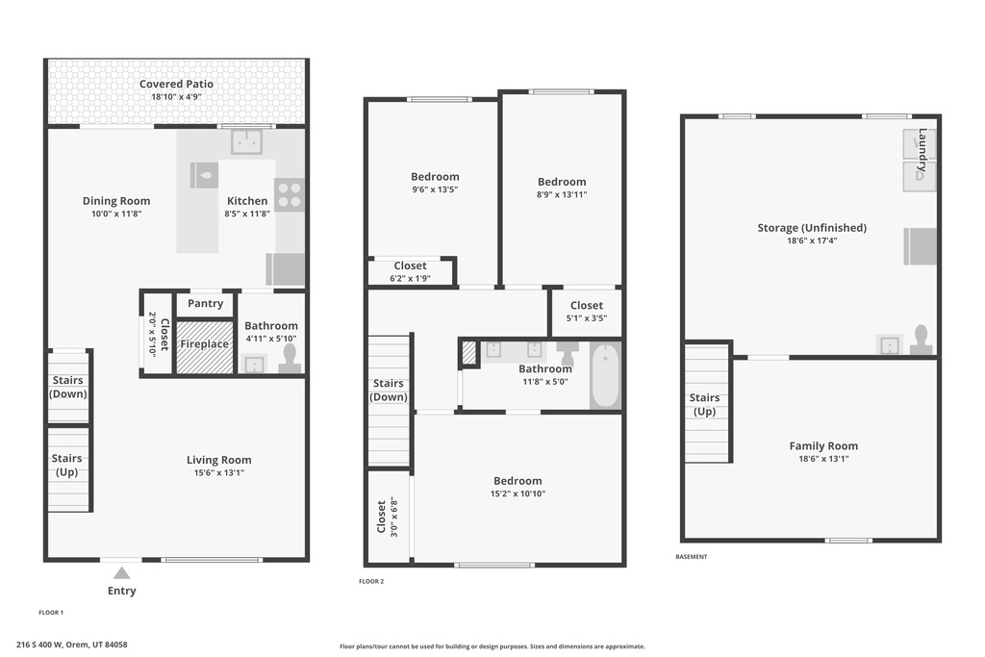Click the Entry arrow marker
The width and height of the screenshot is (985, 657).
click(121, 572)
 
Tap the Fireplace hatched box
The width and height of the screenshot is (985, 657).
click(205, 345)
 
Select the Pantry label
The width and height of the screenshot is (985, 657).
click(205, 304)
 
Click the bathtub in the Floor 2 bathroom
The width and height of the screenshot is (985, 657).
click(605, 375)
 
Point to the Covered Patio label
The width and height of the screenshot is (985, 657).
click(176, 85)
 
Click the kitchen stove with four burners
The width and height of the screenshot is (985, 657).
click(289, 195)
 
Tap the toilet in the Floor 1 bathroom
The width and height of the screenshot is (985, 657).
click(290, 360)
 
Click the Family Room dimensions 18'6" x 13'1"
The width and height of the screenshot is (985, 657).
click(823, 459)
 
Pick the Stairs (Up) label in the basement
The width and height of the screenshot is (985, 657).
click(704, 404)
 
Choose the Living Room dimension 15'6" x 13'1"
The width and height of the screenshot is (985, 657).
click(218, 472)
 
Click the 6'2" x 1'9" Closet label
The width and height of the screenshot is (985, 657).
click(411, 279)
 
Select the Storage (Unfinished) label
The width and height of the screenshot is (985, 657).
click(811, 228)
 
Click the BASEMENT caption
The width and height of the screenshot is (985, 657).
click(691, 556)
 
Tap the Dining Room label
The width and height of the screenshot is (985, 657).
click(115, 201)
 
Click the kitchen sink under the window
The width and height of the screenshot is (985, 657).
click(247, 142)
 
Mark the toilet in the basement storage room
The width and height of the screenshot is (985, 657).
click(921, 340)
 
